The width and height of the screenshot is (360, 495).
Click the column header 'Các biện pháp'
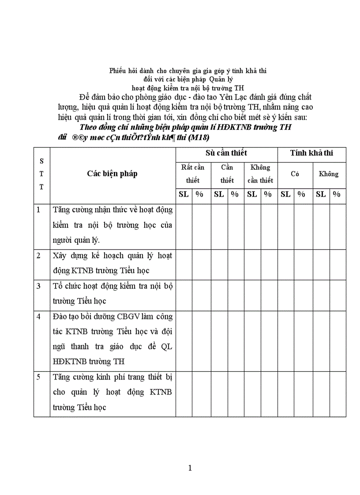click(x=112, y=173)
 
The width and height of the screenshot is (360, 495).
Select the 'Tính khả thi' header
click(x=311, y=153)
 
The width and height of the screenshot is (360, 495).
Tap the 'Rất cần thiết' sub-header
click(x=193, y=174)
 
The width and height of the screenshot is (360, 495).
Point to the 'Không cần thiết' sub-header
click(x=260, y=174)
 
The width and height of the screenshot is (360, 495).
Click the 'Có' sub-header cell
click(x=295, y=174)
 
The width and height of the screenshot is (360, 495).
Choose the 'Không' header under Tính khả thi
click(x=329, y=174)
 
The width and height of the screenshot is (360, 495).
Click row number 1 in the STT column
click(x=38, y=210)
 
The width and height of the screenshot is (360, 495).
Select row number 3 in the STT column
click(x=38, y=286)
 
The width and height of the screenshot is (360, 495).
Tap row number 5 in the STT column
click(x=38, y=377)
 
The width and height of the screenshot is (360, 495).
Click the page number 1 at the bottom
click(x=190, y=468)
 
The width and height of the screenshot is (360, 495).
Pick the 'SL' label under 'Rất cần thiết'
click(x=183, y=194)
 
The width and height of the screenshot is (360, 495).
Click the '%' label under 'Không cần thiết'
click(x=268, y=194)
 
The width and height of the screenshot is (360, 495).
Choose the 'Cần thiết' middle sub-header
click(x=227, y=174)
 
